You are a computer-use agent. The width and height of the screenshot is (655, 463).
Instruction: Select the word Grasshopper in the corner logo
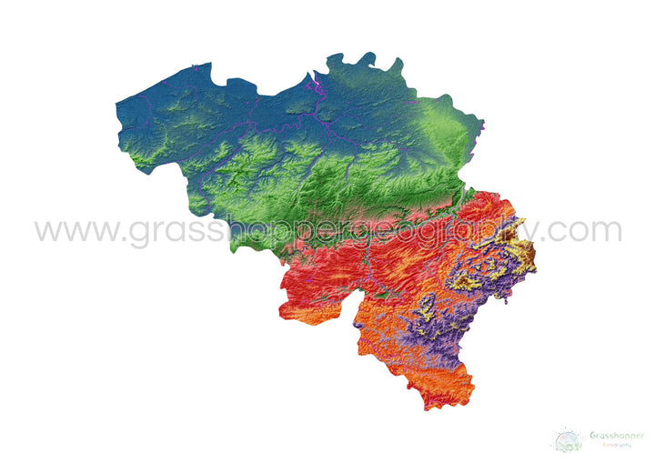point(617,435)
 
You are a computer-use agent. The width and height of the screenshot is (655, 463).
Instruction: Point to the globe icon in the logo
point(568,440)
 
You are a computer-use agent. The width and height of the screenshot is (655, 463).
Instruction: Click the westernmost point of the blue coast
point(116,108)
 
